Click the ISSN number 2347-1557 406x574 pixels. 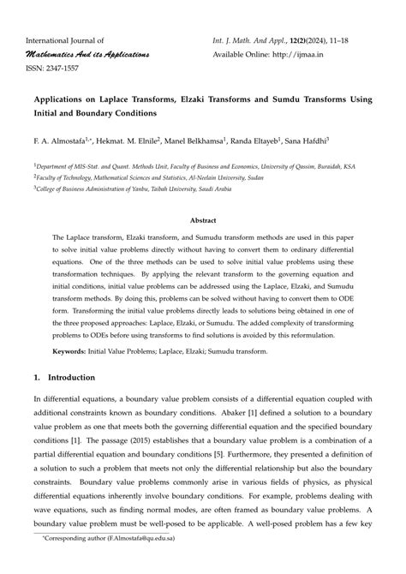coord(63,69)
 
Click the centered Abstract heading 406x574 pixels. coord(202,219)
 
